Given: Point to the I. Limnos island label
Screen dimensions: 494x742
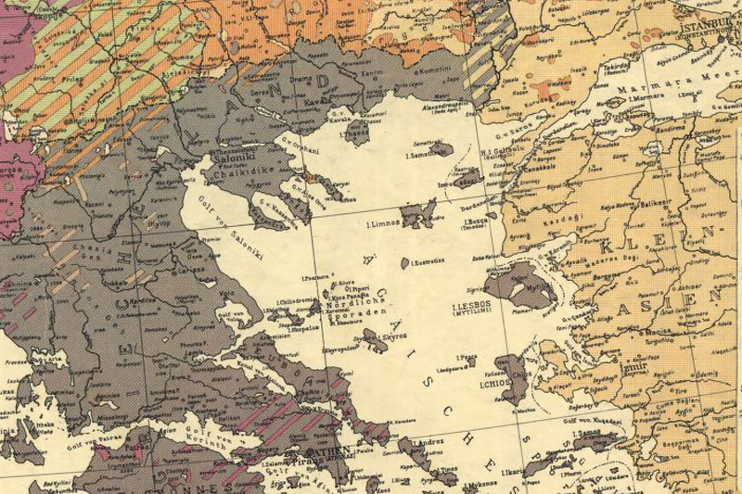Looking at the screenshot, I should [x=383, y=224].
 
